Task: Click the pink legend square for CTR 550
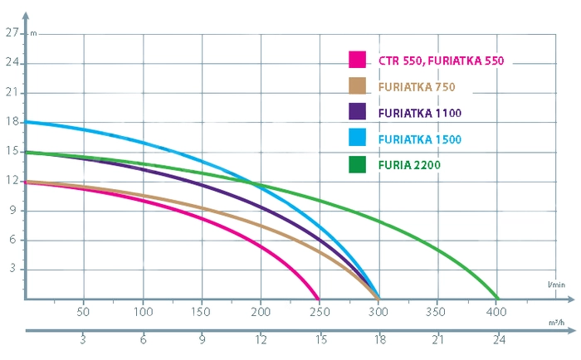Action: pos(358,60)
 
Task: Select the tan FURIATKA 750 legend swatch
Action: pos(358,85)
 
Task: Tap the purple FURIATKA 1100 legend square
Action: pos(358,112)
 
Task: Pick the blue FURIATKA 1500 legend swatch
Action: pos(358,139)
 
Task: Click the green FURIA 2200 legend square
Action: pos(358,165)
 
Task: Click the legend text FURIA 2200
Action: pos(408,165)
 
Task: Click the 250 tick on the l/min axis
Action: pos(319,313)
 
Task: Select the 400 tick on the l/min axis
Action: pos(496,313)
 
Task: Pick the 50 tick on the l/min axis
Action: pos(83,313)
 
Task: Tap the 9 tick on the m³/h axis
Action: pos(202,341)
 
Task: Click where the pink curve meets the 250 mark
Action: pos(319,299)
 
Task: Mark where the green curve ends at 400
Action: pos(497,299)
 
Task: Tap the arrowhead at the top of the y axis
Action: pos(25,10)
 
